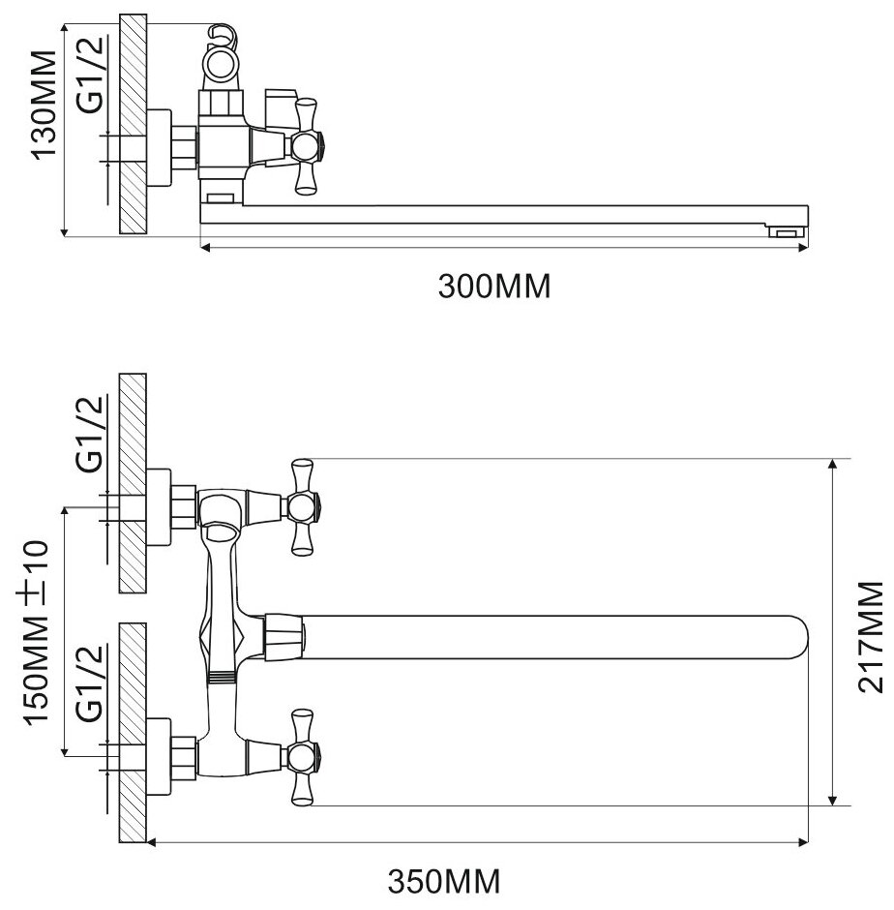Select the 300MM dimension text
492,287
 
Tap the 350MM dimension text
445,882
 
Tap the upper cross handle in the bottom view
302,505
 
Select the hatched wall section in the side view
132,124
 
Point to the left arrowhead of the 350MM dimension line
151,842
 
